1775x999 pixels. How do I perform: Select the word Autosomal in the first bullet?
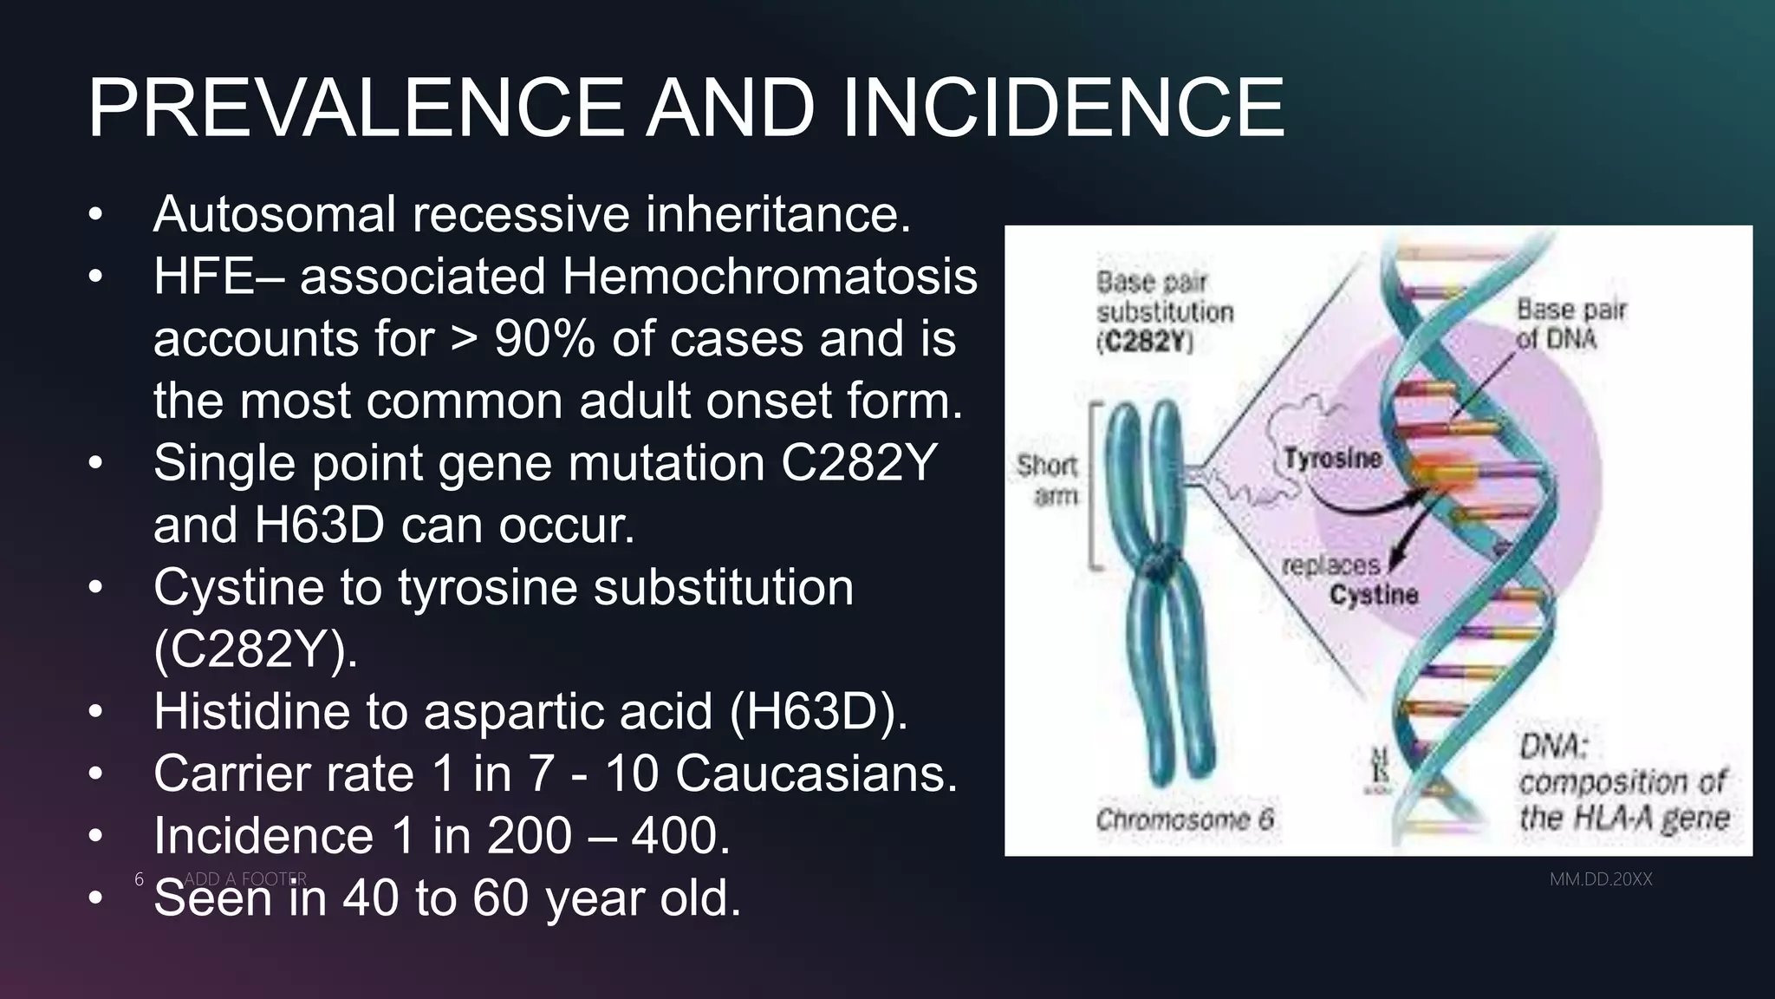pyautogui.click(x=275, y=214)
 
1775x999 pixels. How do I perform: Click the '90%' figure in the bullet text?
pyautogui.click(x=544, y=338)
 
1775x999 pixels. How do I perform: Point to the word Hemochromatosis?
pyautogui.click(x=770, y=277)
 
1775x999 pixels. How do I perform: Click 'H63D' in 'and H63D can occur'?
pyautogui.click(x=319, y=525)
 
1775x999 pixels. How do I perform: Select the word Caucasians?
pyautogui.click(x=816, y=774)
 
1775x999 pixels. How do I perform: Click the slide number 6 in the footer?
pyautogui.click(x=139, y=879)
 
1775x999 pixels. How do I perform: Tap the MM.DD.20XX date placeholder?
pyautogui.click(x=1601, y=879)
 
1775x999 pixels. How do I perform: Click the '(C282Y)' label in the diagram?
pyautogui.click(x=1144, y=343)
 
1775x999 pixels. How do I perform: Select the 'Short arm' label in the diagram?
pyautogui.click(x=1048, y=480)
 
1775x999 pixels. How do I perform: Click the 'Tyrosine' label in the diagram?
pyautogui.click(x=1332, y=458)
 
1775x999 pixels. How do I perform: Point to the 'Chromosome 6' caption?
pyautogui.click(x=1184, y=819)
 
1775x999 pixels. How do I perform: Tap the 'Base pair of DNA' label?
pyautogui.click(x=1570, y=323)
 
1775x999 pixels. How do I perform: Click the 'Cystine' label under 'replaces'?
pyautogui.click(x=1374, y=595)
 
